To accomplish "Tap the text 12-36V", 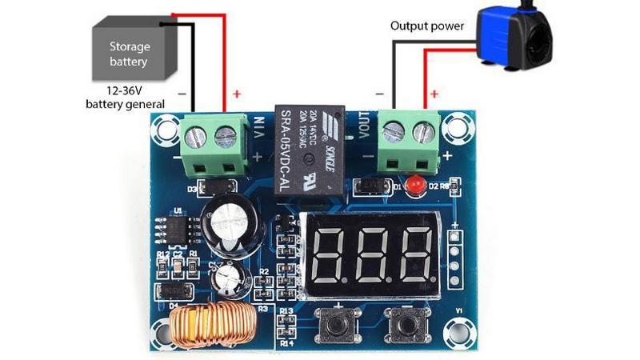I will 125,90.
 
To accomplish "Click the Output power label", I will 426,26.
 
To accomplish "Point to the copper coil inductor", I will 211,326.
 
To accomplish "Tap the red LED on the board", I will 415,186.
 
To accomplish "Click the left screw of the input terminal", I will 195,138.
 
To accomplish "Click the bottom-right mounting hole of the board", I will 459,328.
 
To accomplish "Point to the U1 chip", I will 179,228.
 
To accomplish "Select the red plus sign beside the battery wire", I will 237,94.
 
